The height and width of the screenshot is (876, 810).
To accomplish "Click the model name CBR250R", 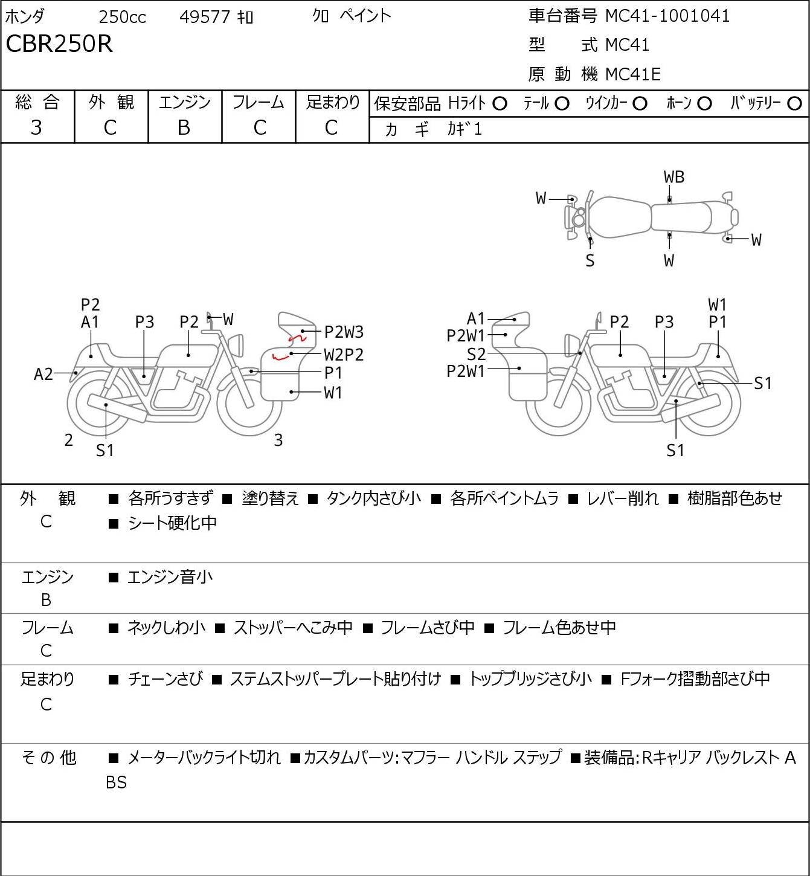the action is tap(59, 43).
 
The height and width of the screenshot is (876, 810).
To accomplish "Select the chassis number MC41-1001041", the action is tap(667, 16).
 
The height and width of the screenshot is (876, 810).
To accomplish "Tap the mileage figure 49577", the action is tap(205, 17).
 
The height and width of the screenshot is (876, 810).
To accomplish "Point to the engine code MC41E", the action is tap(633, 74).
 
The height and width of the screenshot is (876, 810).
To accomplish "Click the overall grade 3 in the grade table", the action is tap(36, 128).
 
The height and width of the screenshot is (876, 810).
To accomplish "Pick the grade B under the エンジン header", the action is tap(184, 128).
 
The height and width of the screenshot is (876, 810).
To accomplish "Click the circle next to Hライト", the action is tap(500, 104).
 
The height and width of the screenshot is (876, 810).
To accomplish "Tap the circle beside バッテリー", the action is tap(794, 104).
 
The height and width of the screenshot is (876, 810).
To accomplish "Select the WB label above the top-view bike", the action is tap(674, 178).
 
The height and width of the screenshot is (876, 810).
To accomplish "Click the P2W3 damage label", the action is tap(344, 332).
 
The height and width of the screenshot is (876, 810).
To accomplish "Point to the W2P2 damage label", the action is tap(344, 355).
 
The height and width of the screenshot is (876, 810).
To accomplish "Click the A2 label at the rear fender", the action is tap(43, 375).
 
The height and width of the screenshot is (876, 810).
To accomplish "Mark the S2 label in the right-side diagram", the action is tap(477, 354).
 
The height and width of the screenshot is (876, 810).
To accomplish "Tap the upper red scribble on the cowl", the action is tap(297, 338).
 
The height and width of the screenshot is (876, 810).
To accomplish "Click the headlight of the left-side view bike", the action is tap(239, 346).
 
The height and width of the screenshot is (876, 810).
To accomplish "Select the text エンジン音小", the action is tap(170, 578).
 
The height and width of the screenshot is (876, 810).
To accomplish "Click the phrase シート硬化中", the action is tap(173, 523).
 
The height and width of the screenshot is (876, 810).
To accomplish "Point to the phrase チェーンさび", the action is tap(166, 679).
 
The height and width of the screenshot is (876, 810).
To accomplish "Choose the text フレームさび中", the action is tap(428, 628).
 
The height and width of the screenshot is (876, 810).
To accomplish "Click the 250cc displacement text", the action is tap(122, 17).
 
